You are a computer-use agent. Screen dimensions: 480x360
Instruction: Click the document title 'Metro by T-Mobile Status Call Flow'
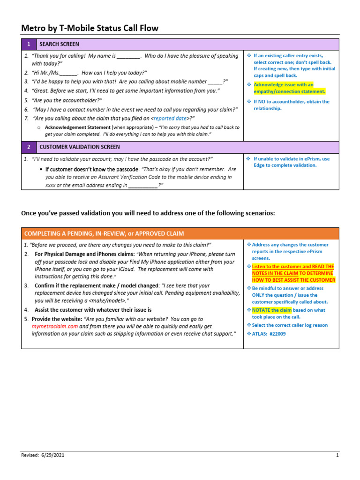click(90, 29)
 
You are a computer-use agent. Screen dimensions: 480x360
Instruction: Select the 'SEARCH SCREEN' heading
click(59, 44)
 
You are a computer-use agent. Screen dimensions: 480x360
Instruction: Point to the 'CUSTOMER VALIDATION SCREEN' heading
click(79, 147)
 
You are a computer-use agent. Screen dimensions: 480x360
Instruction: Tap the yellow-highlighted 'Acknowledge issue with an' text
click(283, 85)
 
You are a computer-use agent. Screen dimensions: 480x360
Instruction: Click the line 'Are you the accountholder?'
click(67, 100)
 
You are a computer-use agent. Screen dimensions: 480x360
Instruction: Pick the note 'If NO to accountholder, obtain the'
click(291, 101)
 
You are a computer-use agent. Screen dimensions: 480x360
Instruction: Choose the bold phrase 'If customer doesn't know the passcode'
click(91, 169)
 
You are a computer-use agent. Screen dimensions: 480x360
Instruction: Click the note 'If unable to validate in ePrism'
click(291, 159)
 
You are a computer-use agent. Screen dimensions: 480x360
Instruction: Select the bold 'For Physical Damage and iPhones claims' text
click(84, 254)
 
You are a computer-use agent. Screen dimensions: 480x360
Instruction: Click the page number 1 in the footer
click(337, 455)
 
